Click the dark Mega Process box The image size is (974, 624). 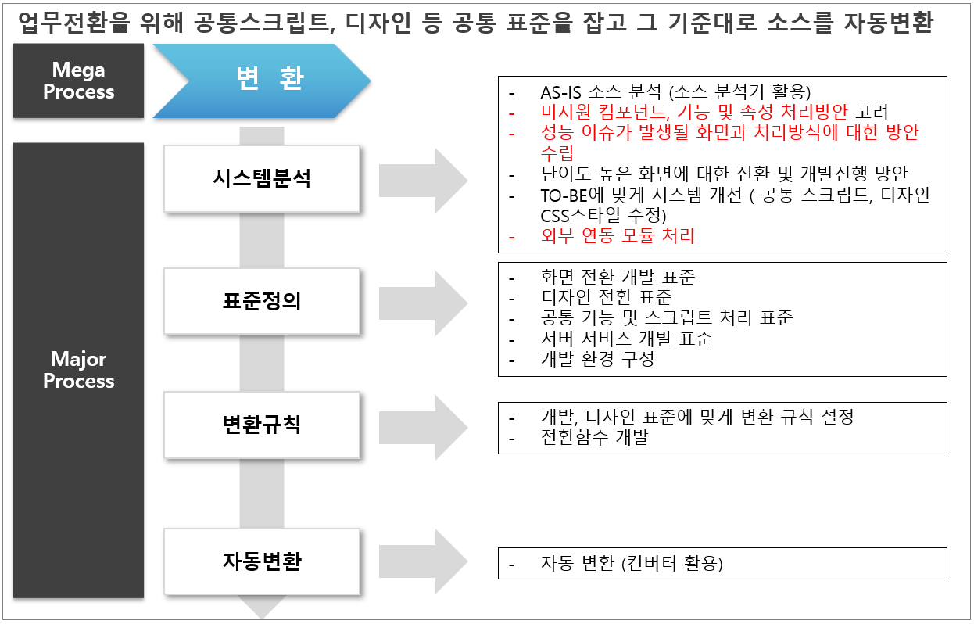(78, 81)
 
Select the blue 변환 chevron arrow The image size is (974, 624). (262, 81)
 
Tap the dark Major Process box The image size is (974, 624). (78, 371)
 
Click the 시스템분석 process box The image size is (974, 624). (262, 179)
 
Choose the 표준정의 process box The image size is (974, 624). (262, 301)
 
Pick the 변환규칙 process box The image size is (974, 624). (262, 425)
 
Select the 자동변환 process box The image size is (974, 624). (262, 561)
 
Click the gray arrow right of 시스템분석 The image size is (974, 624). (423, 181)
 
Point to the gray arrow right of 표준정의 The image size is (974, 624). (423, 303)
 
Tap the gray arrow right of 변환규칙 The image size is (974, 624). (423, 428)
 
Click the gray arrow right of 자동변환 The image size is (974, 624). (423, 561)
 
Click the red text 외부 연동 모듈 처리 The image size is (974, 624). (618, 235)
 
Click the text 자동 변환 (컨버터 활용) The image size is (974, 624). (632, 563)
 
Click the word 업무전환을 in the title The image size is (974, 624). (74, 23)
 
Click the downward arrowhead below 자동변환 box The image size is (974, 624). (262, 607)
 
